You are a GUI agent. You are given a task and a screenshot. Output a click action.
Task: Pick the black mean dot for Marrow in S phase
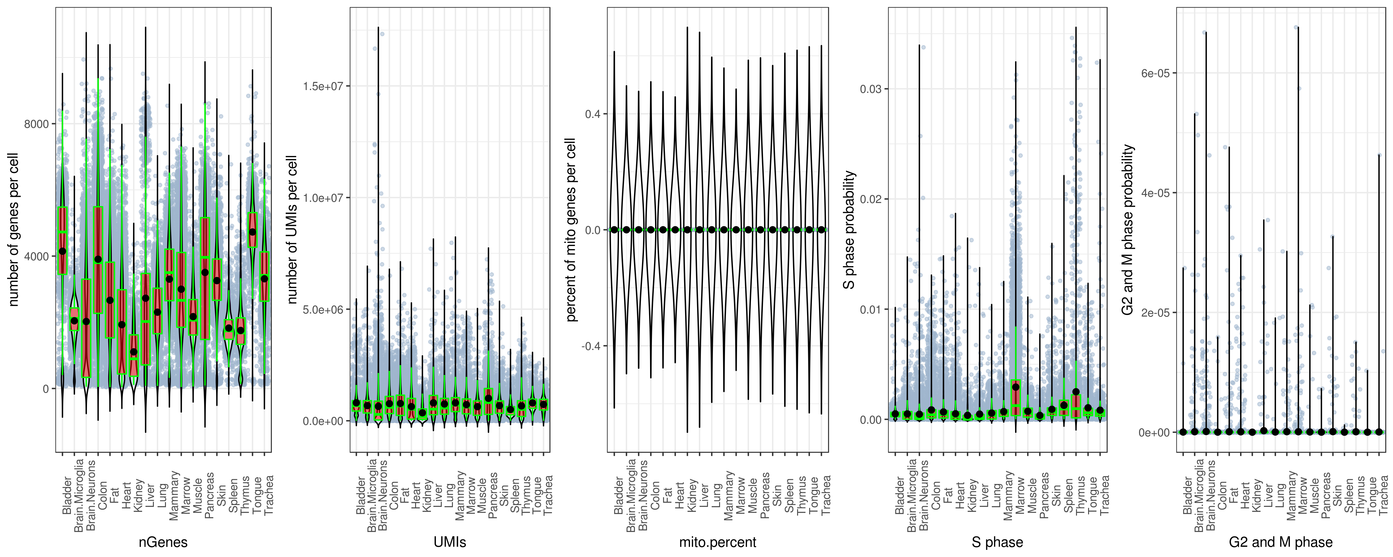(1016, 387)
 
